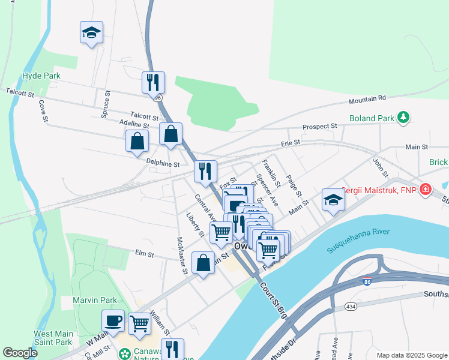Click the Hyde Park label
coord(41,76)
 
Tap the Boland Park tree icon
coord(405,116)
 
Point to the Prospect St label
coord(320,127)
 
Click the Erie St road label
coord(291,143)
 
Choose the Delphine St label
coord(163,163)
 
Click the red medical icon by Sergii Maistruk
coord(425,190)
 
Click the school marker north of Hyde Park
coord(91,32)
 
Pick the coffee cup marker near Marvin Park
coord(113,320)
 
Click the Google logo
coord(20,353)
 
